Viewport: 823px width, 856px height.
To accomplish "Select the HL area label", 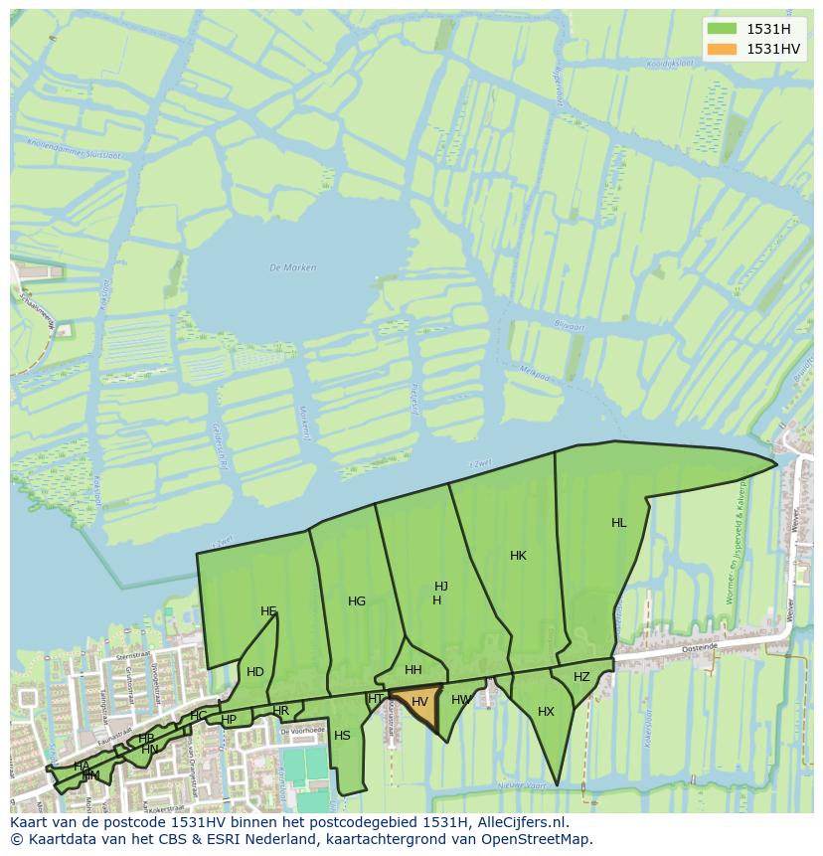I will coord(619,523).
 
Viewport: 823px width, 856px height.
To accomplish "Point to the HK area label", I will coord(518,556).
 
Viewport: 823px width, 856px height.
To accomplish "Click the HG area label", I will coord(357,601).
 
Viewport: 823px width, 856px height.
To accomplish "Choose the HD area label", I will coord(255,672).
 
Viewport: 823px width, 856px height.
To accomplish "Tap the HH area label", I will coord(413,670).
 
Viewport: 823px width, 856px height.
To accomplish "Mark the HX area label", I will coord(546,712).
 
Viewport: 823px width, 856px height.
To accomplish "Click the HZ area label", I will coord(581,677).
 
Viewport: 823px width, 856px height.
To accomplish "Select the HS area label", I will coord(342,736).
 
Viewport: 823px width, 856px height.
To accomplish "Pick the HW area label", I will coord(460,700).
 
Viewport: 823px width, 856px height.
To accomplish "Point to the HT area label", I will coord(376,699).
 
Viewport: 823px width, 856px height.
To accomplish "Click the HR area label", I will coord(281,711).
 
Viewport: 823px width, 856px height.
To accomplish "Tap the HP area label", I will coord(229,720).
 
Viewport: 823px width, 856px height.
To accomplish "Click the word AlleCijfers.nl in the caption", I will coord(520,822).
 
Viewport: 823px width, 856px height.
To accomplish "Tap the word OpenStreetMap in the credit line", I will coord(537,839).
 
